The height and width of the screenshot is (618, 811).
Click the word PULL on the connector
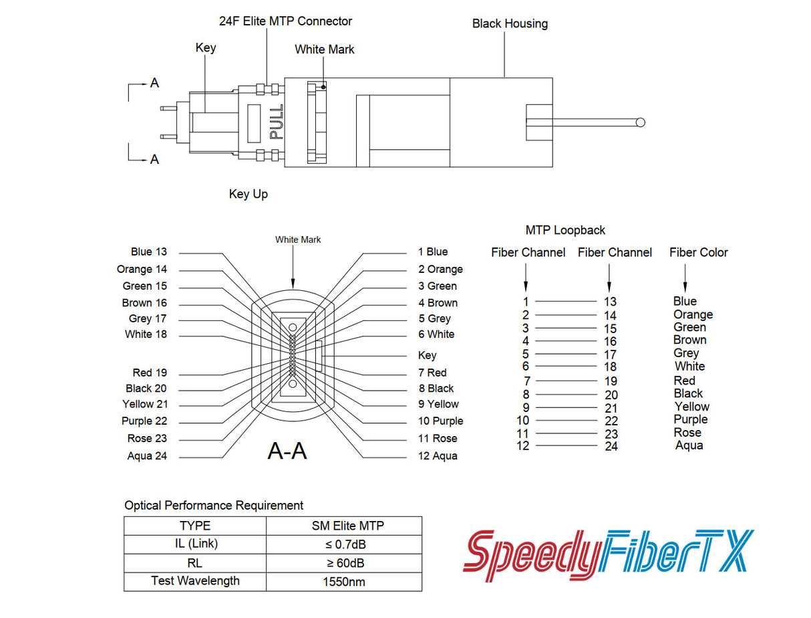tap(276, 121)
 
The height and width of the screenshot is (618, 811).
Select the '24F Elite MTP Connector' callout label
tap(285, 21)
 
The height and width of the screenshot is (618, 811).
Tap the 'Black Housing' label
tap(510, 23)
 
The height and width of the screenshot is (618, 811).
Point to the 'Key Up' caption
tap(249, 194)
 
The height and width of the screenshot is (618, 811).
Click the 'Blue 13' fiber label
tap(149, 251)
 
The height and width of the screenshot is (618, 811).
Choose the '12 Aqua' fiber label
tap(438, 455)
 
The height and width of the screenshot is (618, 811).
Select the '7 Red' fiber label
tap(432, 373)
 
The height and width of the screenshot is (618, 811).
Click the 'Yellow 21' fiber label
tap(145, 404)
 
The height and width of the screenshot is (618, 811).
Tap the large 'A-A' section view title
tap(287, 451)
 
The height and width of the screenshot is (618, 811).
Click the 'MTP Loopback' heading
tap(565, 230)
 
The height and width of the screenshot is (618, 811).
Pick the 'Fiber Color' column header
tap(698, 252)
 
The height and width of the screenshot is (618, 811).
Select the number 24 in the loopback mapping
tap(611, 446)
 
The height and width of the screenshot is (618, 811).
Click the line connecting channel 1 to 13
tap(566, 302)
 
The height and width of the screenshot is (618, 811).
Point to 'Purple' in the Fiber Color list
tap(690, 419)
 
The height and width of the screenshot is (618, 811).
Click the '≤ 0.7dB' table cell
tap(344, 544)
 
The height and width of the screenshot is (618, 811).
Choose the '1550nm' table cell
tap(344, 581)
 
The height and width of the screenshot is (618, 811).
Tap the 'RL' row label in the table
tap(195, 562)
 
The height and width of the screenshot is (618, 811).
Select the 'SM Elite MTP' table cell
tap(344, 526)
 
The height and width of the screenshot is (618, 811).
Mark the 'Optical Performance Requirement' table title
tap(214, 505)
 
